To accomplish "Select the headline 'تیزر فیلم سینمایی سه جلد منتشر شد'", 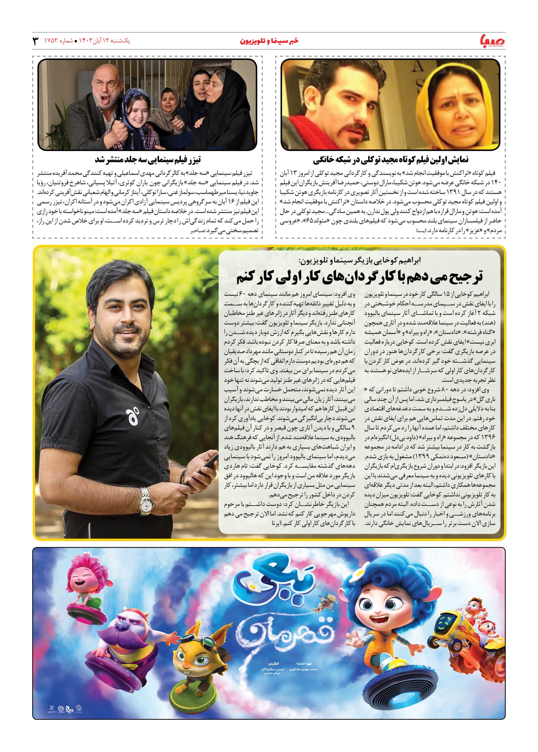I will pos(148,160).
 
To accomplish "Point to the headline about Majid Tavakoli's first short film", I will pos(391,160).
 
